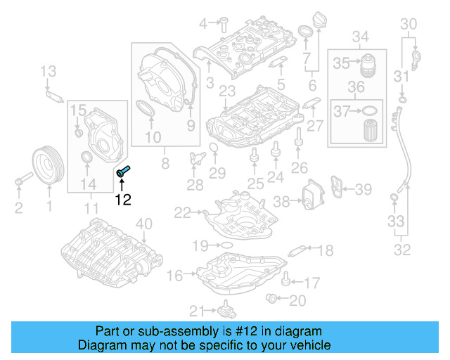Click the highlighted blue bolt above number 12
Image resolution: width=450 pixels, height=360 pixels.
tap(123, 170)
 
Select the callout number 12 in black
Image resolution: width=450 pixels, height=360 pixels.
tap(123, 200)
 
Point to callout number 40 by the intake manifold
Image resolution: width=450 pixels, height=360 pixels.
tap(143, 224)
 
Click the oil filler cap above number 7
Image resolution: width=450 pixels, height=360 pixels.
tap(307, 32)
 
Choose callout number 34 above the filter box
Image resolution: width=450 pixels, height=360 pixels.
tap(360, 37)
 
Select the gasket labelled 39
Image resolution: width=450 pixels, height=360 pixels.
tap(340, 188)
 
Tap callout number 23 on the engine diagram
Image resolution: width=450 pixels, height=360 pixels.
tap(226, 91)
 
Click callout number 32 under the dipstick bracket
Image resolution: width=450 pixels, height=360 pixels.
tap(402, 249)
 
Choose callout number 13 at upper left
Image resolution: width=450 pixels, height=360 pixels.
tap(47, 70)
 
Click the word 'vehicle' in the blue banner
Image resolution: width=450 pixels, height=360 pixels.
tap(309, 345)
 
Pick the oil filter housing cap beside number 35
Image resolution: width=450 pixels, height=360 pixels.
tap(368, 64)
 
